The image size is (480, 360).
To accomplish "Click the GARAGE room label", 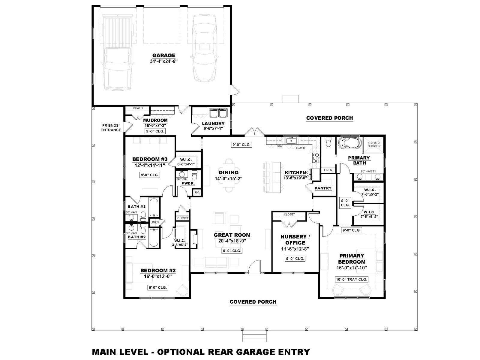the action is point(163,55).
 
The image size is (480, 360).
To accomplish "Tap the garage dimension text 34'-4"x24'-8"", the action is point(163,61).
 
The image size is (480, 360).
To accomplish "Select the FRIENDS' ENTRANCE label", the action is point(111,128).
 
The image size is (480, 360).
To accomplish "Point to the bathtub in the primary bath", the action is point(349,143).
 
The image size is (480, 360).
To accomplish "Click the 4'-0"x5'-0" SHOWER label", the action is point(374,144).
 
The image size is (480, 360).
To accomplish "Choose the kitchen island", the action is point(273,177).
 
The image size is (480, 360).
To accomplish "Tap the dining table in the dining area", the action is point(229,175).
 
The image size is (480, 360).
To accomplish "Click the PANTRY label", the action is point(323,188).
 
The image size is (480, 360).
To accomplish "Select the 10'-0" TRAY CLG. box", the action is point(351,279).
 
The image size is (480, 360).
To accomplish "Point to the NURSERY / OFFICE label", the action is point(295,240).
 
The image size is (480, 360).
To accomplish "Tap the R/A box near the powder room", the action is point(197,192).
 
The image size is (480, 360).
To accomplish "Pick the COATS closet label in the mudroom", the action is point(137,108).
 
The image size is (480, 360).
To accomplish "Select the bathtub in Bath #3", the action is point(154,207).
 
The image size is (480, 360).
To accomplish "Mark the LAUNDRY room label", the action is point(213,124).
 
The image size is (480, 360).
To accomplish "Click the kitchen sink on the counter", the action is point(291,140).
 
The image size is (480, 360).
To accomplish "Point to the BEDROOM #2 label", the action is point(158,271).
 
